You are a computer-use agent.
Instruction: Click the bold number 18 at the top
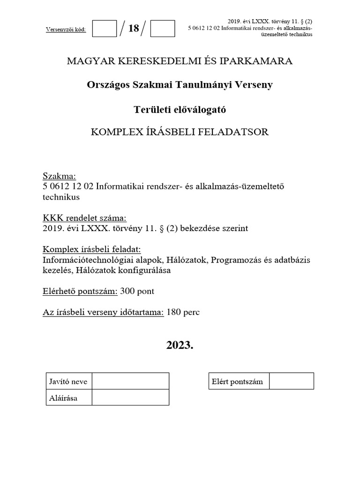[x=134, y=29]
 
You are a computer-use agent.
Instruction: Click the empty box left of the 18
[x=104, y=29]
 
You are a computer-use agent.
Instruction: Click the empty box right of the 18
[x=163, y=29]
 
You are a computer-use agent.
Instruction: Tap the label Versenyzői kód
[x=66, y=30]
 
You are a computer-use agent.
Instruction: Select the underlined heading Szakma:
[x=59, y=176]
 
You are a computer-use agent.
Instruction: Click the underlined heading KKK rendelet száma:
[x=85, y=218]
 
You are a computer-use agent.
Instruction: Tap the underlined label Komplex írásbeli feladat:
[x=92, y=249]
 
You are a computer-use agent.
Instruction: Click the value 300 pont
[x=137, y=291]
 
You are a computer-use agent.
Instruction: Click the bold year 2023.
[x=180, y=346]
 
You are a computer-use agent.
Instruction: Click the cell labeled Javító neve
[x=68, y=382]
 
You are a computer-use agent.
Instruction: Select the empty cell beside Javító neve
[x=130, y=382]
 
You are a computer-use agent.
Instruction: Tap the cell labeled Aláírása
[x=63, y=398]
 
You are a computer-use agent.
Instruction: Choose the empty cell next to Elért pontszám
[x=292, y=382]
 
